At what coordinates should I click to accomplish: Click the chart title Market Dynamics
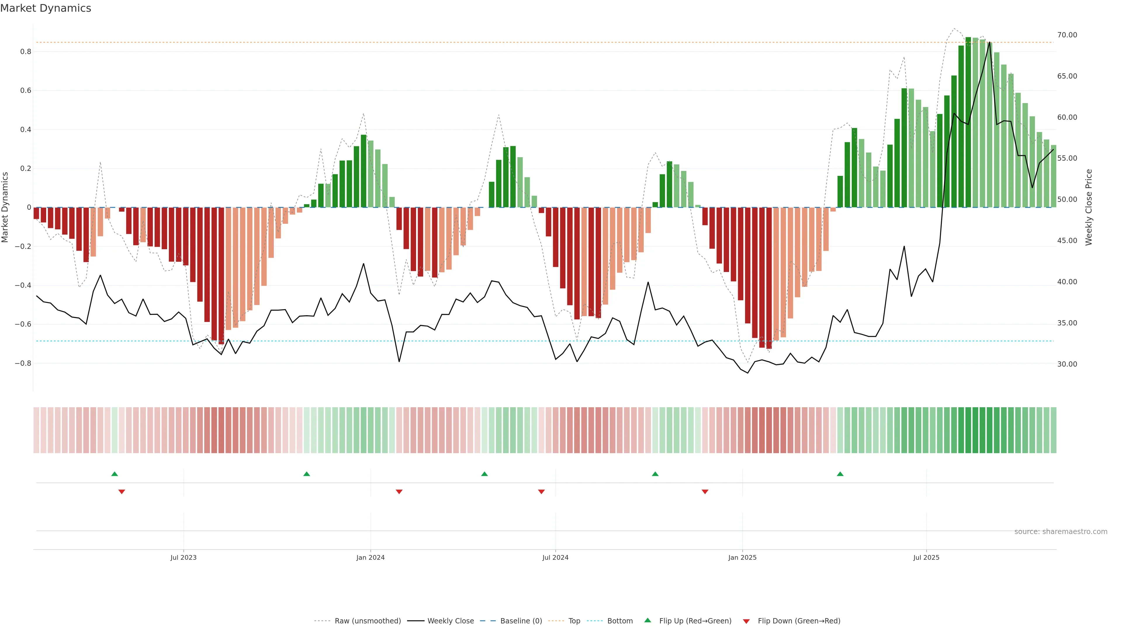[46, 8]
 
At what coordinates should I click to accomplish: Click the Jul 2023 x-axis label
[183, 557]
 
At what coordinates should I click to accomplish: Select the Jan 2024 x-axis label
[370, 557]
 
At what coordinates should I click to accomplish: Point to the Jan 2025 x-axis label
[742, 557]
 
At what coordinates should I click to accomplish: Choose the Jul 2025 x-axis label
[926, 557]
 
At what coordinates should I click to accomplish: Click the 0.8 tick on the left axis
[26, 52]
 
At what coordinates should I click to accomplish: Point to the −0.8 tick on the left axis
[23, 363]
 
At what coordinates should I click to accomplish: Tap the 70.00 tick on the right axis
[1067, 35]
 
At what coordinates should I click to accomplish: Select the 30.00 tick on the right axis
[1067, 364]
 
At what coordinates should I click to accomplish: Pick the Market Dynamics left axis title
[5, 207]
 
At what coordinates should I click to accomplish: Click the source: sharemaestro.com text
[1061, 532]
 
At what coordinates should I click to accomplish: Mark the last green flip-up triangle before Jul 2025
[840, 474]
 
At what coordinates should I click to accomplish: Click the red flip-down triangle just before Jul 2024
[541, 492]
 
